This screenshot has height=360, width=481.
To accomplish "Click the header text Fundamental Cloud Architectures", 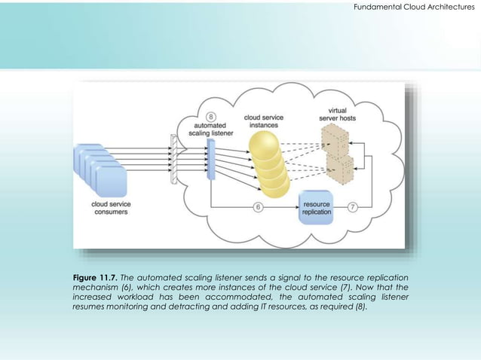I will pyautogui.click(x=414, y=7).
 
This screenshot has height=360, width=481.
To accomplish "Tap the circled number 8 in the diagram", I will pyautogui.click(x=211, y=117).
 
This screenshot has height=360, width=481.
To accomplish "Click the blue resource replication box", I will pyautogui.click(x=316, y=207).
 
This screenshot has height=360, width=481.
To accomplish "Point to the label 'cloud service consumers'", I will pyautogui.click(x=109, y=208).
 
